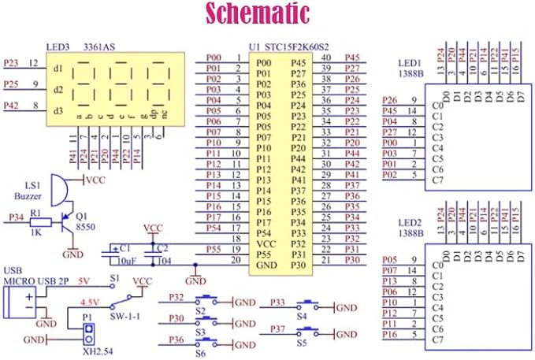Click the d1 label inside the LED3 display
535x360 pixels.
58,69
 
